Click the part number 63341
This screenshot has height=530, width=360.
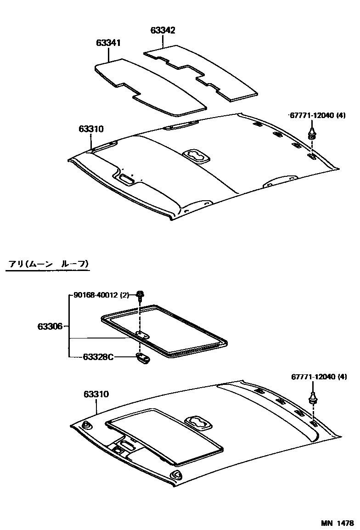tap(108, 43)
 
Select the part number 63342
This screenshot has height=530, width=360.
tap(163, 30)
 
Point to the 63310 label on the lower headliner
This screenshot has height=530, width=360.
tap(96, 394)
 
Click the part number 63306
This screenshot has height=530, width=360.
tap(50, 327)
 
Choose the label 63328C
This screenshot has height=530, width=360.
tap(98, 357)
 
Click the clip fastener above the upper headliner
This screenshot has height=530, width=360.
tap(312, 134)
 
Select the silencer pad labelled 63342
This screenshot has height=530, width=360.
tap(202, 69)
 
